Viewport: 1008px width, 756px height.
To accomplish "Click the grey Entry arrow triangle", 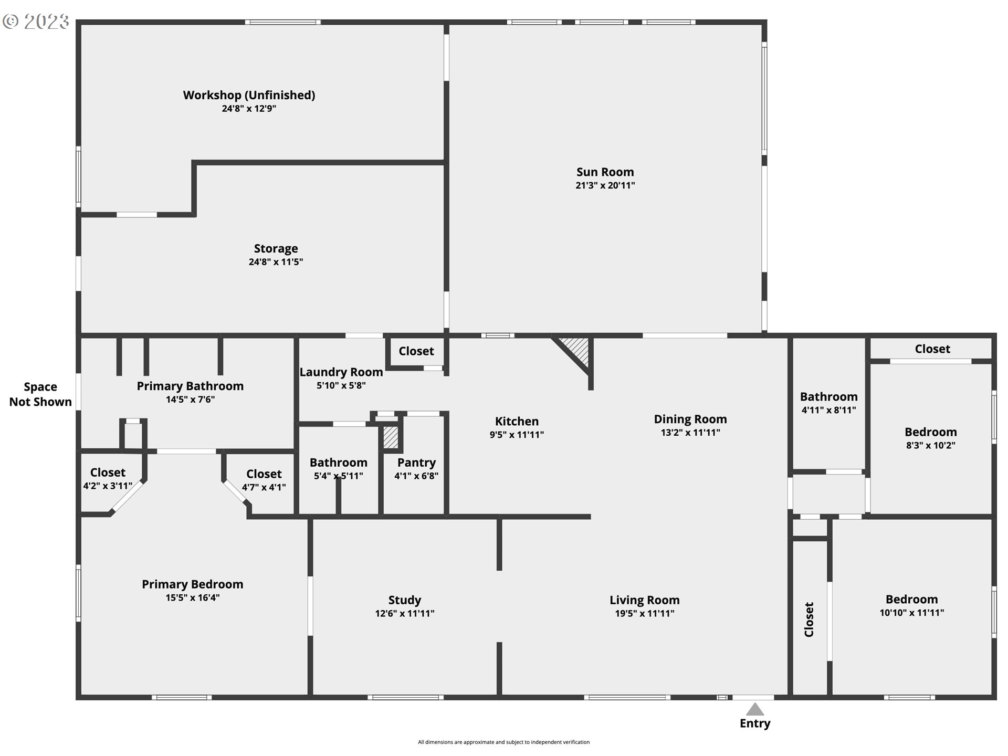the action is coord(755,709).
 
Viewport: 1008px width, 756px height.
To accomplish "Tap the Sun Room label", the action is coord(605,172).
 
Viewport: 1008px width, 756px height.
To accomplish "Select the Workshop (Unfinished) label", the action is coord(249,95).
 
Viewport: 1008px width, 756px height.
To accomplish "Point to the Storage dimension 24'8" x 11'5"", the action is coord(276,262).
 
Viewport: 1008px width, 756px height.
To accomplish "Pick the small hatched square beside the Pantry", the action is coord(391,437).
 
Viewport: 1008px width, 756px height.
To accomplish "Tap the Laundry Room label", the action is coord(341,372).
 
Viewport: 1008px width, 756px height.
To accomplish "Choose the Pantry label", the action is coord(416,463).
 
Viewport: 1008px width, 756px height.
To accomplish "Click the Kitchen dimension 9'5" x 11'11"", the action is coord(517,435).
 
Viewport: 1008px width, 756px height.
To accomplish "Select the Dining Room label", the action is coord(690,419).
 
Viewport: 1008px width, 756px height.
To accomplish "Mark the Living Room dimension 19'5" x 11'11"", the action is coord(645,613).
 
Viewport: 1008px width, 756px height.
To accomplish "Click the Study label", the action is coord(404,600).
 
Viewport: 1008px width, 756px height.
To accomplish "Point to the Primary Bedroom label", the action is coord(192,584).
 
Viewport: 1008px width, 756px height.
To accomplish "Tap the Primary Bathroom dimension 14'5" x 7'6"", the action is coord(190,400).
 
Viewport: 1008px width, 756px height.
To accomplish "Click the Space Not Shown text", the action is coord(40,394).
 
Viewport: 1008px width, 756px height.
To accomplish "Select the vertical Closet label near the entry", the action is coord(809,619).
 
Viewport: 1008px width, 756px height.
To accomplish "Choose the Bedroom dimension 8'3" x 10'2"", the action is coord(930,446).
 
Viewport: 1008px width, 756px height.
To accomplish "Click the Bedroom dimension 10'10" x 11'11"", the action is coord(912,613).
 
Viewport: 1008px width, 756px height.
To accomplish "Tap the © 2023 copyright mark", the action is coord(36,22).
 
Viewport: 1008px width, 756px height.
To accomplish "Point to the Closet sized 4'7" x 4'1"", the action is coord(264,480).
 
